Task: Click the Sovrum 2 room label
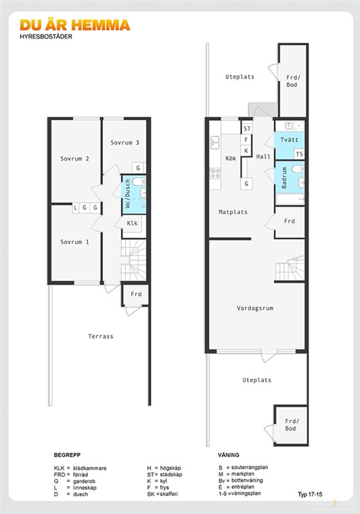pos(75,159)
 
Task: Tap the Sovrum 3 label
pos(125,143)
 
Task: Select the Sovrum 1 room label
pos(75,242)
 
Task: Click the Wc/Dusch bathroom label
pos(128,193)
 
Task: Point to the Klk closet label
pos(132,223)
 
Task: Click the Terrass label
pos(101,336)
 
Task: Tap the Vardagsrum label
pos(255,308)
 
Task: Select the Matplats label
pos(233,212)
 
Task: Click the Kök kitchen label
pos(231,158)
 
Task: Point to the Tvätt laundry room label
pos(289,139)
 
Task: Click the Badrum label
pos(284,178)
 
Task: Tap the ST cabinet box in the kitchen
pos(248,129)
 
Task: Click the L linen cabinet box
pos(75,208)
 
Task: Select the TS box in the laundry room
pos(300,154)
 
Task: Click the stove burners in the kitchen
pos(215,173)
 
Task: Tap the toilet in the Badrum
pos(298,169)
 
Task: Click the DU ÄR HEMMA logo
pos(75,25)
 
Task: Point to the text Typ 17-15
pos(310,494)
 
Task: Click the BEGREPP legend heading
pos(67,455)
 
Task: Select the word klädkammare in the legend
pos(90,468)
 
